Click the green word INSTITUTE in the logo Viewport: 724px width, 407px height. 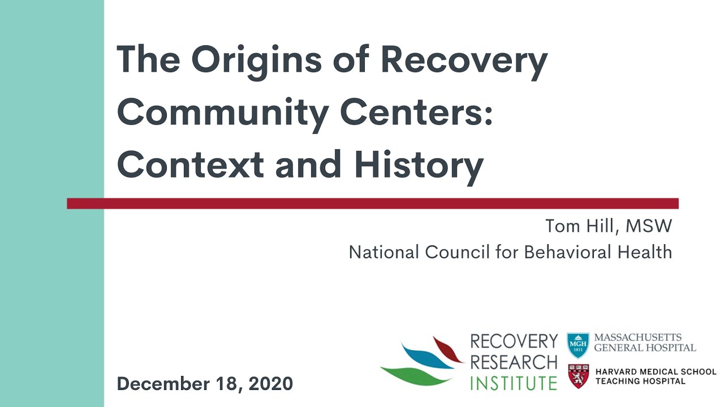pyautogui.click(x=514, y=382)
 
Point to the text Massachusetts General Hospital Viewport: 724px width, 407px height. pyautogui.click(x=645, y=342)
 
